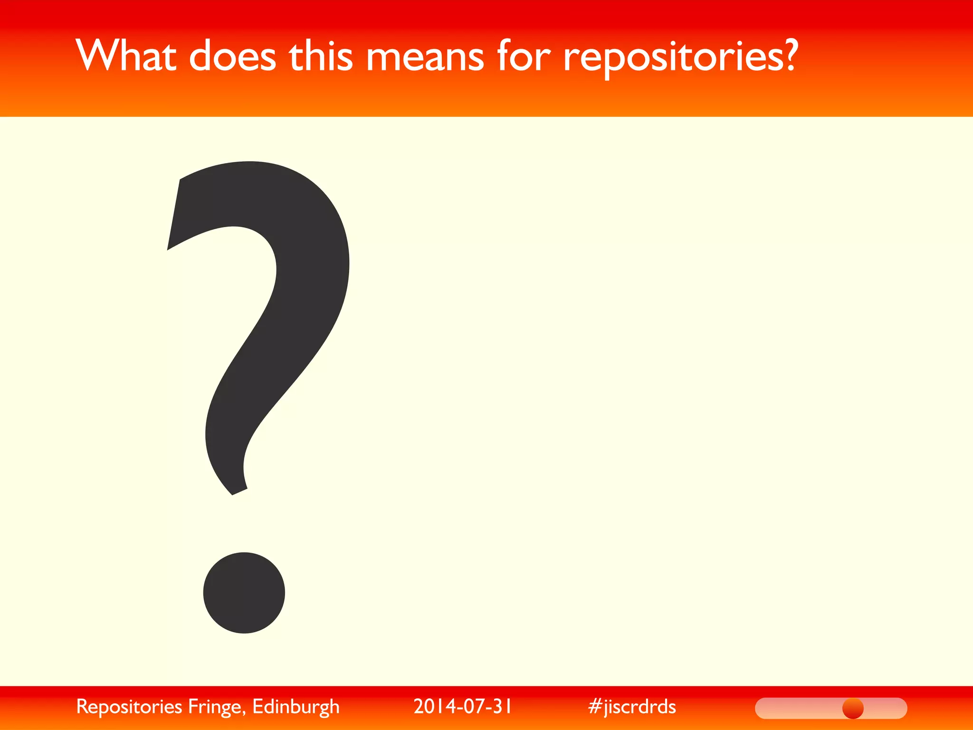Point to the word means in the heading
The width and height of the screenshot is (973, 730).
tap(425, 57)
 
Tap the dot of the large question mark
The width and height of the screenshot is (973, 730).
tap(244, 593)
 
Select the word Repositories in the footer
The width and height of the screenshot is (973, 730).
tap(129, 707)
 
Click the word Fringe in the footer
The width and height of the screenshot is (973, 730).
tap(216, 707)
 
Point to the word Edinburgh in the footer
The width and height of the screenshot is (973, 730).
tap(296, 707)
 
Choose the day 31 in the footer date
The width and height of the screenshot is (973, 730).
tap(501, 706)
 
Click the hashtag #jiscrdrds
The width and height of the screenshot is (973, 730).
tap(631, 707)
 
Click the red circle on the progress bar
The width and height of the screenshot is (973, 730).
tap(853, 709)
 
